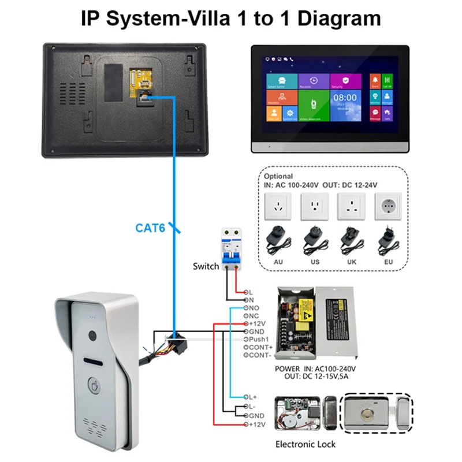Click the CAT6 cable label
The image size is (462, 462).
pyautogui.click(x=150, y=228)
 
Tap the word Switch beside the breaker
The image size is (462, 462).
pyautogui.click(x=206, y=266)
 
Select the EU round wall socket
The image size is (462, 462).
pyautogui.click(x=389, y=206)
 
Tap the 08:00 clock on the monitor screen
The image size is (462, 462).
pyautogui.click(x=345, y=98)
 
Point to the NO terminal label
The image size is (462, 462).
pyautogui.click(x=254, y=308)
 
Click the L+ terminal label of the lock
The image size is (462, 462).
pyautogui.click(x=254, y=398)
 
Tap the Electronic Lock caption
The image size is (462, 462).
pyautogui.click(x=305, y=444)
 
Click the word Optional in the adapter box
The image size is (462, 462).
pyautogui.click(x=278, y=176)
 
